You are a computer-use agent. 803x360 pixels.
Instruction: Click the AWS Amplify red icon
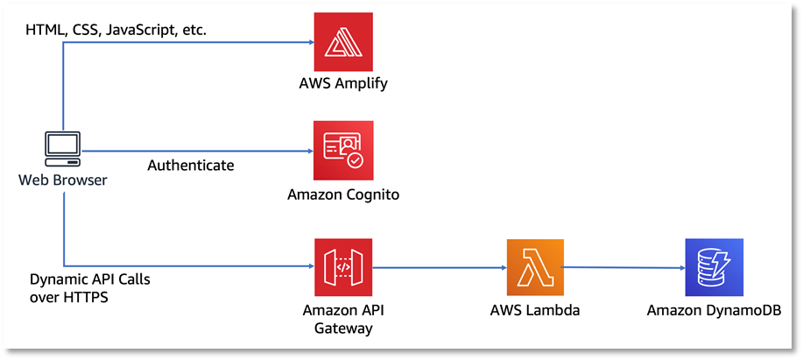pyautogui.click(x=343, y=42)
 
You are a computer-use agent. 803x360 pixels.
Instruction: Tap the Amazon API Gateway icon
pyautogui.click(x=343, y=267)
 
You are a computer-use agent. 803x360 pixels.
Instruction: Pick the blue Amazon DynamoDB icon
pyautogui.click(x=713, y=267)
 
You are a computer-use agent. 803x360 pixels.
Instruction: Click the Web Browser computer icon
pyautogui.click(x=63, y=150)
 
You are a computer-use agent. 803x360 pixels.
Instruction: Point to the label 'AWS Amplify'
pyautogui.click(x=343, y=85)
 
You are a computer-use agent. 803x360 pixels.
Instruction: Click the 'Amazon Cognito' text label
pyautogui.click(x=343, y=194)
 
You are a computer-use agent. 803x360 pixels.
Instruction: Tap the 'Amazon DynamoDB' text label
pyautogui.click(x=713, y=310)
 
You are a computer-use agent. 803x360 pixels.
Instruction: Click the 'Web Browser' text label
pyautogui.click(x=61, y=180)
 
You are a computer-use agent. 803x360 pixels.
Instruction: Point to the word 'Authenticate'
pyautogui.click(x=190, y=166)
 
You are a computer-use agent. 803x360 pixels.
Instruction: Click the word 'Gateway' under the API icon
pyautogui.click(x=343, y=328)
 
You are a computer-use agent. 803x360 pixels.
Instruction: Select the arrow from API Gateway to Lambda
pyautogui.click(x=439, y=266)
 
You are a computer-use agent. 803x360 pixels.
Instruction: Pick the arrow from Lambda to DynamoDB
pyautogui.click(x=621, y=267)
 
